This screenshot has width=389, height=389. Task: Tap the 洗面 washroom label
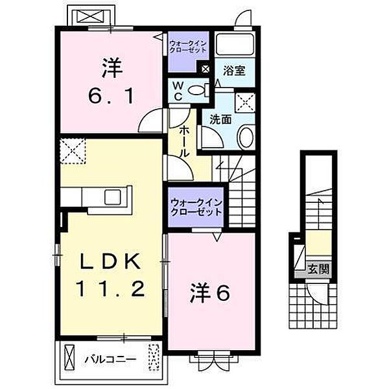point(220,120)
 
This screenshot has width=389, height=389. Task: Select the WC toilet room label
point(177,90)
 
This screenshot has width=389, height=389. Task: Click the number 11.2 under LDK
point(110,289)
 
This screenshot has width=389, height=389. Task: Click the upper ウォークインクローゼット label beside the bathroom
point(188,46)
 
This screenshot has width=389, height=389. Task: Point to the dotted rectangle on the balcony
point(154,357)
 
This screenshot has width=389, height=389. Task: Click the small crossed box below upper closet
point(206,69)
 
